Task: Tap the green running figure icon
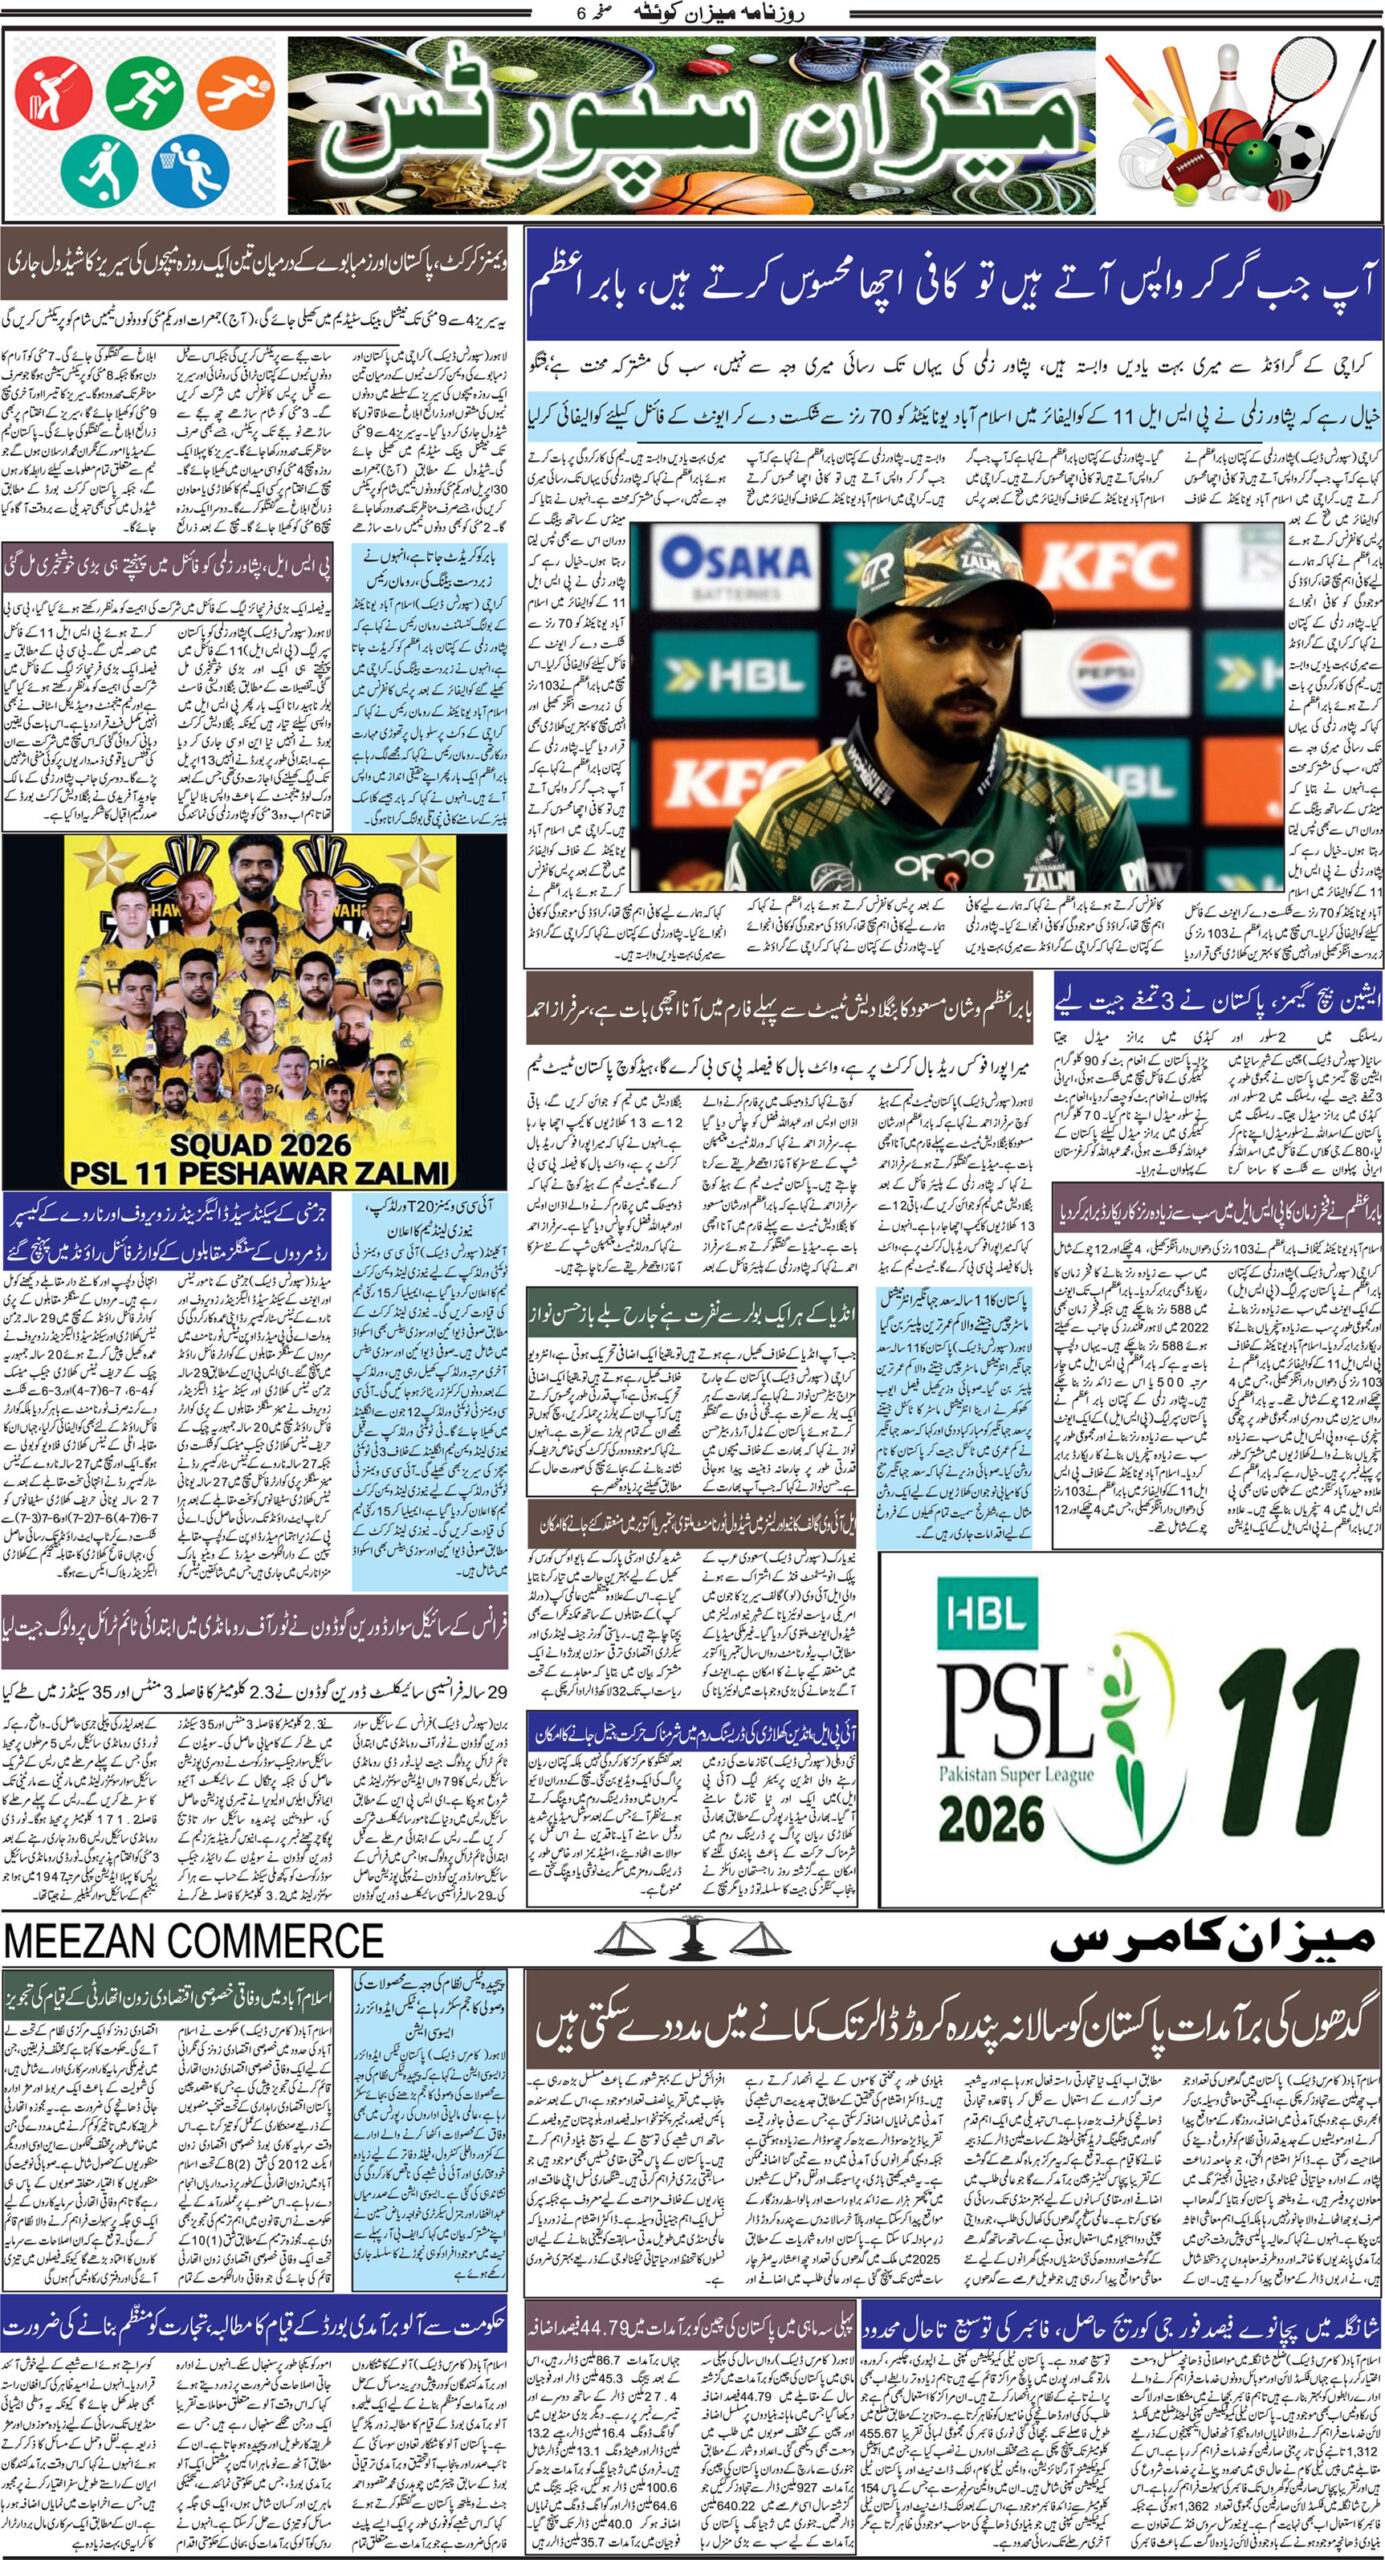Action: point(145,90)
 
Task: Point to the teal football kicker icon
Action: point(98,168)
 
